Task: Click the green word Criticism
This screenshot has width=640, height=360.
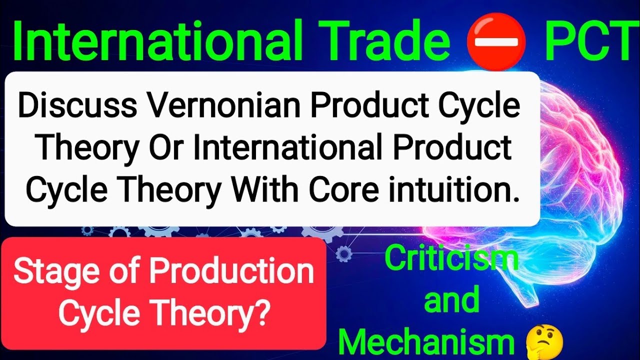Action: (451, 259)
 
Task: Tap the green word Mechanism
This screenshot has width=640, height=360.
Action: (427, 341)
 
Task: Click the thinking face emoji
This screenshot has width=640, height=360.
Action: (545, 342)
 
